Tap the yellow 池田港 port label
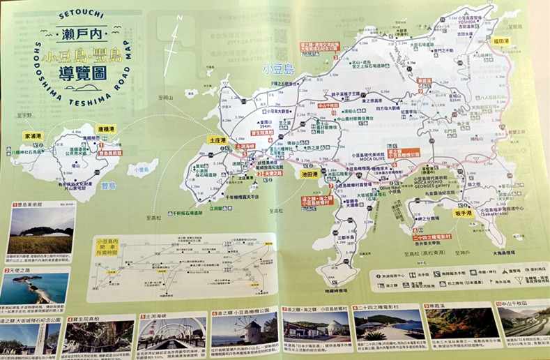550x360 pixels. point(310,174)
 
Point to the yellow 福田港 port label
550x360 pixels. point(503,41)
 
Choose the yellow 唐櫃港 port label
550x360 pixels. point(105,129)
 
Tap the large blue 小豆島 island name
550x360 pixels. point(277,68)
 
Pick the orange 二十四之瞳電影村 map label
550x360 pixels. point(432,237)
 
